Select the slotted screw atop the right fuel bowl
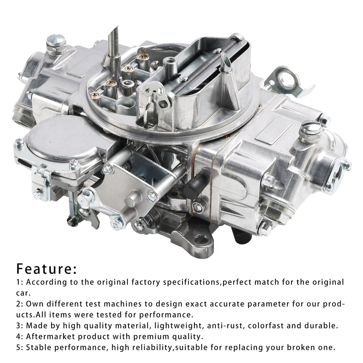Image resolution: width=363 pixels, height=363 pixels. [311, 128]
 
